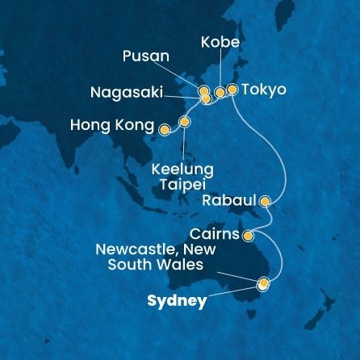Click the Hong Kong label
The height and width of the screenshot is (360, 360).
(x=112, y=127)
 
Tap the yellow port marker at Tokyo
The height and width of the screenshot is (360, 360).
(x=232, y=90)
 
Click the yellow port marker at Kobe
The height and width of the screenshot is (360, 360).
(x=220, y=93)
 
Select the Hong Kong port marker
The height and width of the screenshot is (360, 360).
(x=164, y=129)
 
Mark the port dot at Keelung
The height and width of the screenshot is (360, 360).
(x=185, y=123)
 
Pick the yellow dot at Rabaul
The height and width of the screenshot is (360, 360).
(x=265, y=202)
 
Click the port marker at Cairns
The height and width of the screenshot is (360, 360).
(x=248, y=236)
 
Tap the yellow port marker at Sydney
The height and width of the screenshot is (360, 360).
(x=262, y=283)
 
